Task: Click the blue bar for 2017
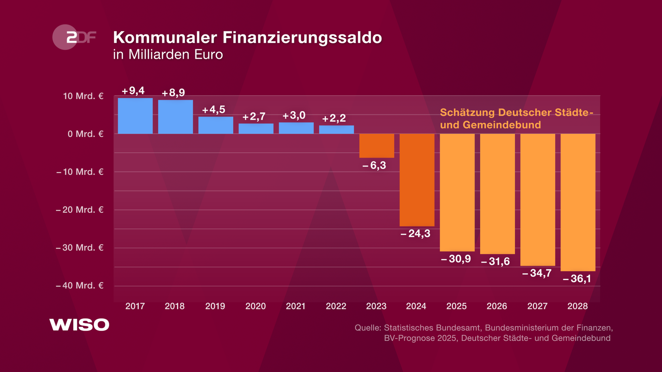(x=135, y=116)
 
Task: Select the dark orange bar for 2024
(x=417, y=180)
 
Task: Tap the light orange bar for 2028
(x=578, y=202)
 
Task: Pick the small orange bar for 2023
(x=377, y=146)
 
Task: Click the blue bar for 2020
(x=256, y=128)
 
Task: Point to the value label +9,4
(x=133, y=91)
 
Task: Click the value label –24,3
(x=415, y=234)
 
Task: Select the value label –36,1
(x=577, y=279)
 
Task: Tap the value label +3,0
(x=294, y=115)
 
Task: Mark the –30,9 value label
(x=456, y=259)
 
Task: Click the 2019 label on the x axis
(x=215, y=306)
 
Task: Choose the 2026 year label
(x=497, y=306)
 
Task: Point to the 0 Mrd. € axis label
(x=85, y=134)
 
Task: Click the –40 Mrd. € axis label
(x=80, y=286)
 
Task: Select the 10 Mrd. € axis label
(x=83, y=96)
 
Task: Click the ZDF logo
(x=74, y=37)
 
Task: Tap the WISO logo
(x=79, y=325)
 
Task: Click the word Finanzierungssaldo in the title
(x=302, y=38)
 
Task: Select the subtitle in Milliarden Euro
(x=168, y=55)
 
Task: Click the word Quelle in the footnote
(x=368, y=328)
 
